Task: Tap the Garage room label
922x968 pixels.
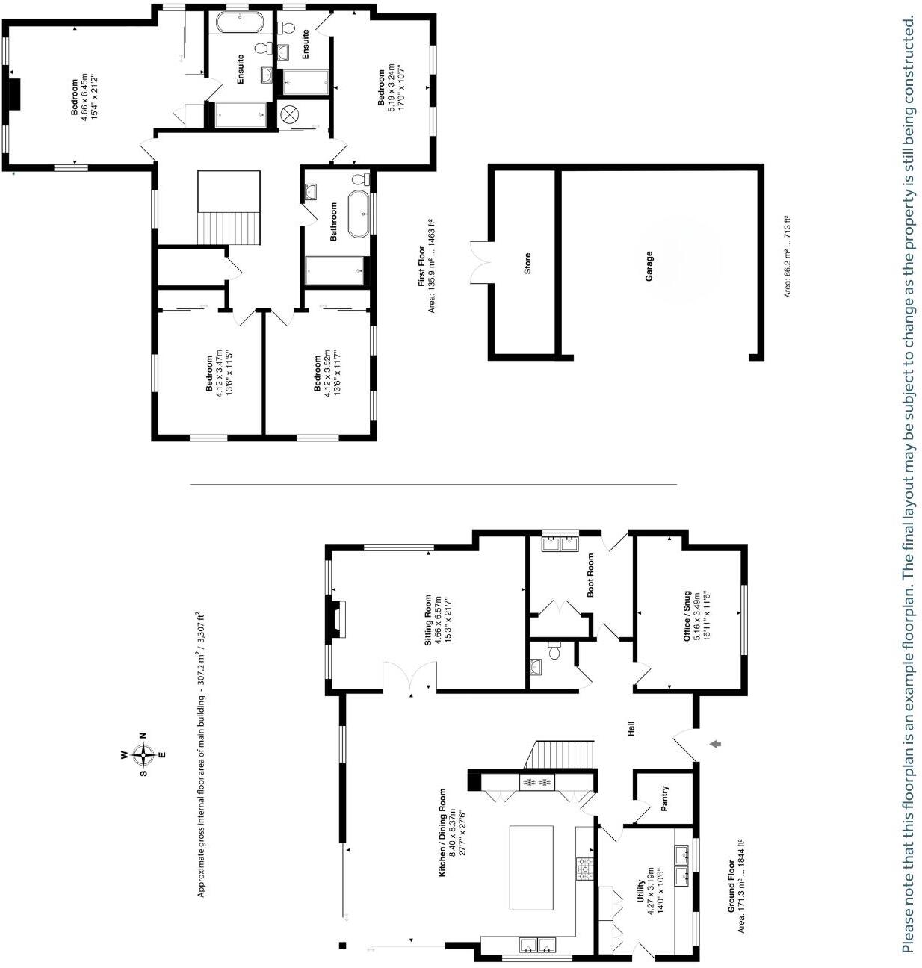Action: click(x=649, y=266)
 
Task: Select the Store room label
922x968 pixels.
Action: click(x=527, y=264)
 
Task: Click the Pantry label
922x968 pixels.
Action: click(x=664, y=798)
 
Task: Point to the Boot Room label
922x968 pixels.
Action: click(x=590, y=574)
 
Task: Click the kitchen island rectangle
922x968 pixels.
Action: click(x=531, y=867)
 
